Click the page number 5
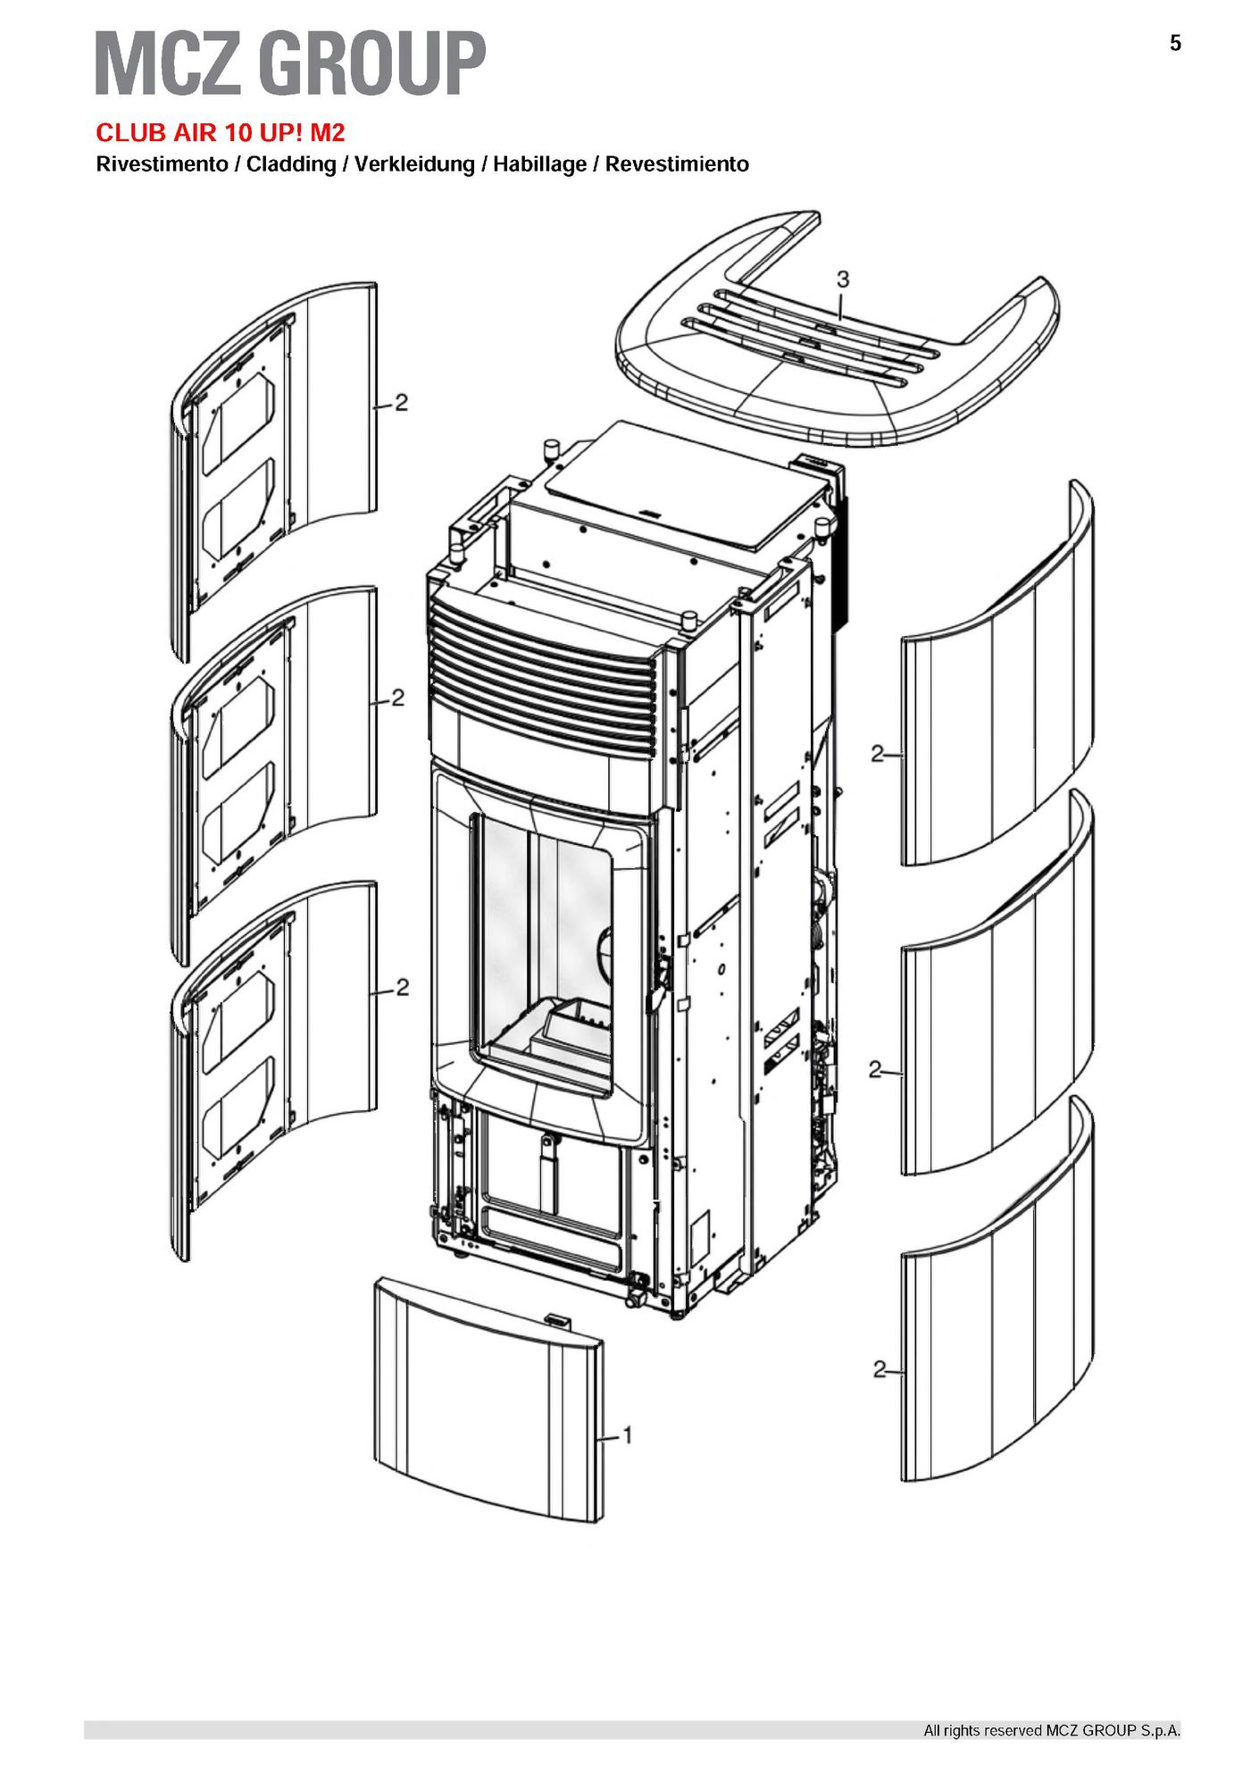[x=1175, y=44]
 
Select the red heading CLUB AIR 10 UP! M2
[x=221, y=133]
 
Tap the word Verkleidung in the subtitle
[x=414, y=165]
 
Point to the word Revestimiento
[x=677, y=165]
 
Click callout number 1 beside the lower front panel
[x=628, y=1460]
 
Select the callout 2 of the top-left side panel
[x=401, y=403]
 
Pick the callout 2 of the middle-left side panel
[x=397, y=698]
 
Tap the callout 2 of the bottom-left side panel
[x=403, y=988]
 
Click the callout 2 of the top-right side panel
[x=877, y=754]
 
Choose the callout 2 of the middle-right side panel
[x=876, y=1068]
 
